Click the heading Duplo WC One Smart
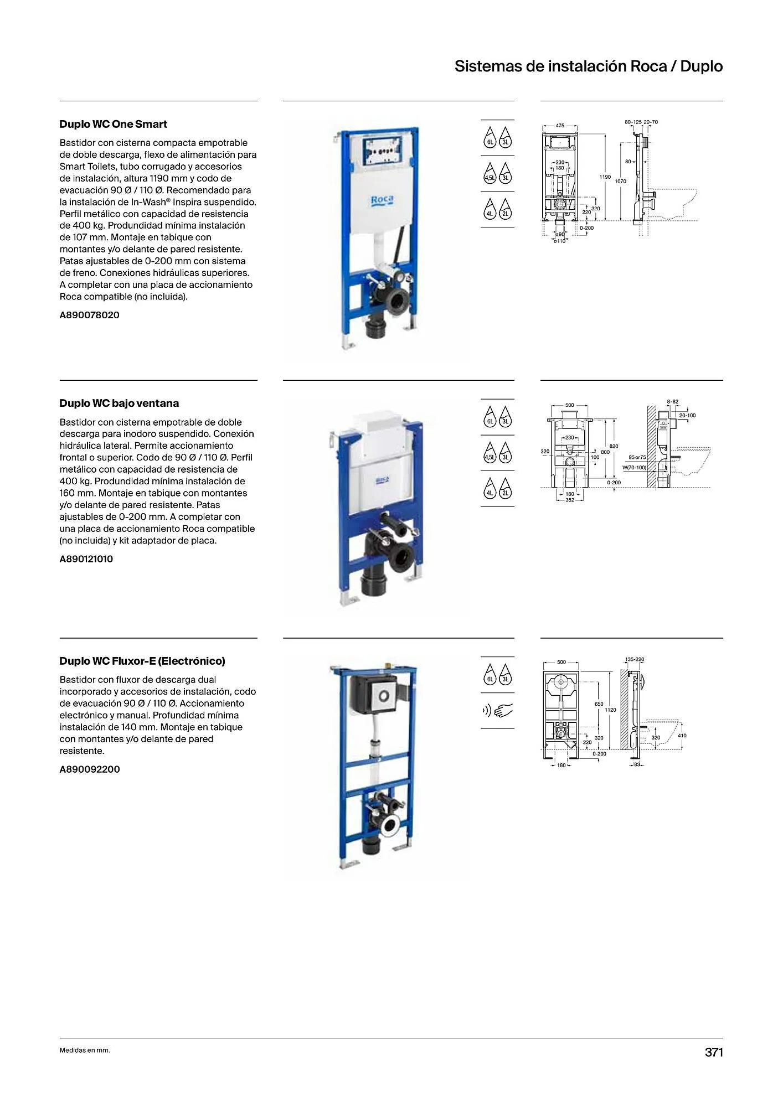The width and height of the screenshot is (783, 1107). (113, 125)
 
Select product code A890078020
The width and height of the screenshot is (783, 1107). (89, 315)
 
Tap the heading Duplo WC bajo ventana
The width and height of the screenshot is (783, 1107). (119, 404)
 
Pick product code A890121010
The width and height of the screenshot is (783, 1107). (86, 559)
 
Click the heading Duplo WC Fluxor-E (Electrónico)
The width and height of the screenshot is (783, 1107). (142, 661)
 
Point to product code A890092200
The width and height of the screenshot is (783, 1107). (89, 769)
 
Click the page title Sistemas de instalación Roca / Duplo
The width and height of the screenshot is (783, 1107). (588, 66)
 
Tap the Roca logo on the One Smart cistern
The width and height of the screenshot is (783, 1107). (382, 200)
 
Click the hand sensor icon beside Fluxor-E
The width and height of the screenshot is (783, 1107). (497, 710)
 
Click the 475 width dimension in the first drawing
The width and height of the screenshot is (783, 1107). (560, 126)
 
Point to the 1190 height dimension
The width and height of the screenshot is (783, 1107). (605, 177)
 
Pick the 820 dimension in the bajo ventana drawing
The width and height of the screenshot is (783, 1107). (614, 446)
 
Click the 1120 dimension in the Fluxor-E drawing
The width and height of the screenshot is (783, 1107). (610, 710)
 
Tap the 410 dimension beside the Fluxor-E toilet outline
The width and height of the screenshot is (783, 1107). (682, 736)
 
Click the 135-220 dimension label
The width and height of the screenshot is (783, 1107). (635, 659)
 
